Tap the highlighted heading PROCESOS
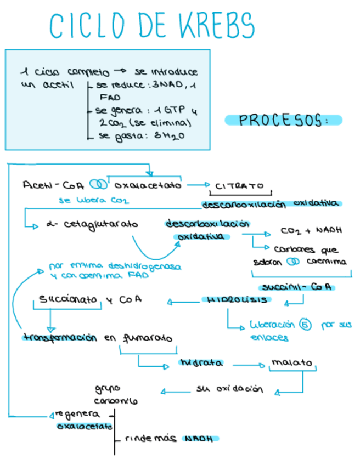[283, 120]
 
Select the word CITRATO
[240, 185]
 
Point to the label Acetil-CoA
[54, 185]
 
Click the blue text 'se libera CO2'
[94, 201]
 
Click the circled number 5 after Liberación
[306, 325]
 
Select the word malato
[291, 363]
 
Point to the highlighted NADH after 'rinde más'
[198, 439]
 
